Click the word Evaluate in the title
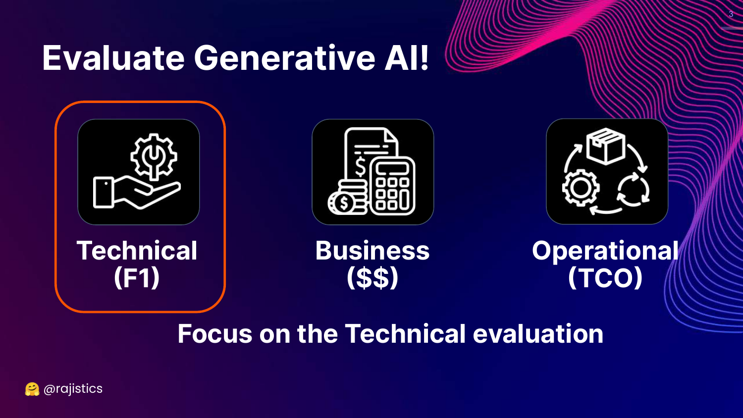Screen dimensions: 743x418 pos(113,58)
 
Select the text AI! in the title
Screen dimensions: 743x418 pos(407,58)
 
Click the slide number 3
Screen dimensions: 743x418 pos(731,14)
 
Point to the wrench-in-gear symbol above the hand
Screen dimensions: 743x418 pos(154,157)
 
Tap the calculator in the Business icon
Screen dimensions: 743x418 pos(392,186)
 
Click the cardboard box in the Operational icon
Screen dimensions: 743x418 pos(606,146)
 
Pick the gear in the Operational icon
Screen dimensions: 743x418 pos(581,188)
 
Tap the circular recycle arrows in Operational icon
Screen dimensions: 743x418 pos(633,190)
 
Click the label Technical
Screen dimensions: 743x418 pos(137,251)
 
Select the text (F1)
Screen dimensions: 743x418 pos(137,278)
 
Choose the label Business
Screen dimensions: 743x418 pos(372,251)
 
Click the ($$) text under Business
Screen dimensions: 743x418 pos(372,278)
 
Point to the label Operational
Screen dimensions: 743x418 pos(605,251)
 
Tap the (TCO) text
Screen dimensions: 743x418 pos(605,278)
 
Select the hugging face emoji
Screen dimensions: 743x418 pos(32,389)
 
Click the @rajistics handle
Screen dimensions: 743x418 pos(73,389)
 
